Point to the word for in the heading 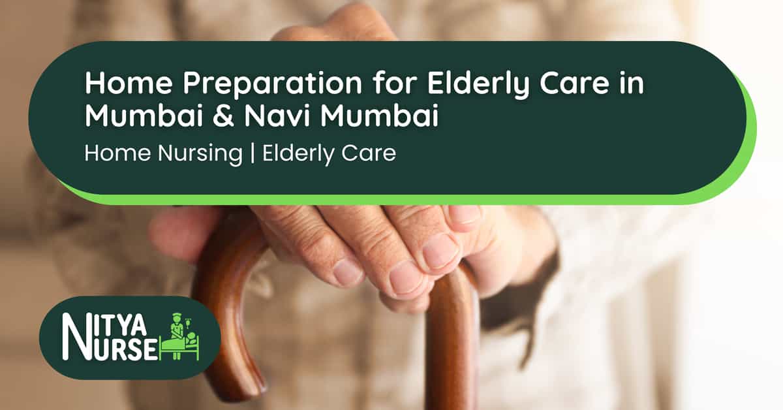tap(360, 85)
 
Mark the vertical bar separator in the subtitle tap(251, 153)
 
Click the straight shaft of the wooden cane tap(450, 353)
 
